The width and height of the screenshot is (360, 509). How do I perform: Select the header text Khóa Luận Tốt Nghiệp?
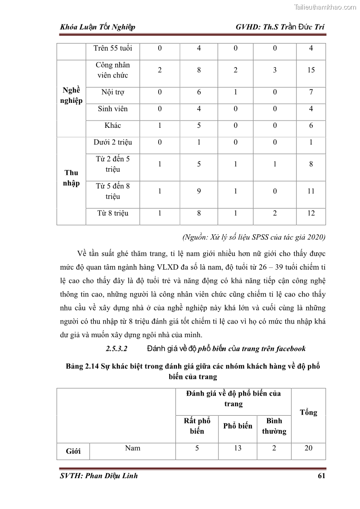pos(97,27)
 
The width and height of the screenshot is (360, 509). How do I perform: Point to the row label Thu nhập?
pos(71,178)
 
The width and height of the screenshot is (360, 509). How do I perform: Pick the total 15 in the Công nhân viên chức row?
pos(311,70)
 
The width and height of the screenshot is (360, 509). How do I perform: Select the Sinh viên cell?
pos(112,109)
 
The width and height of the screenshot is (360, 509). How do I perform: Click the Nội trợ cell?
pos(112,92)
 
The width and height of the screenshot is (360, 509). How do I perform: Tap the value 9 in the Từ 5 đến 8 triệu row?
pos(199,191)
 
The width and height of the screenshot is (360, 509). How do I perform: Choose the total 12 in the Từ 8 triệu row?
pos(311,213)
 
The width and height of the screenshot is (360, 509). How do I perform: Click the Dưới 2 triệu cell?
pos(112,142)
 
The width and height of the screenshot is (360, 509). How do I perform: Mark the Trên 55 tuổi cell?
pos(112,48)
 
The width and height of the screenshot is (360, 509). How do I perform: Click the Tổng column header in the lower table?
pos(308,412)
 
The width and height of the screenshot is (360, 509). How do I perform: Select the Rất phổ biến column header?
pos(197,426)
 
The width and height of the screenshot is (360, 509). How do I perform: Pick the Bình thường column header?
pos(274,426)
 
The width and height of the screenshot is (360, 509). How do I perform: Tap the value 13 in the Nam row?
pos(237,448)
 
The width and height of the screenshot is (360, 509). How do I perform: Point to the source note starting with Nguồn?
pos(253,237)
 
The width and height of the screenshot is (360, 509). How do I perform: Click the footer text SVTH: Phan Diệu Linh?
pos(98,475)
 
